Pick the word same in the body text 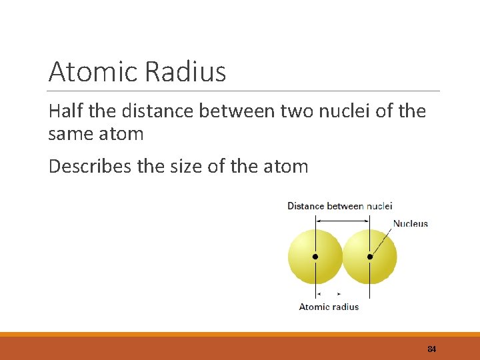click(x=69, y=133)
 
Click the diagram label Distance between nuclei click(x=339, y=205)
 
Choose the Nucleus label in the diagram click(x=410, y=223)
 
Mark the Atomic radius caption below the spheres click(x=329, y=307)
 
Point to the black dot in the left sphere click(x=315, y=257)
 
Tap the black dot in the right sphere click(x=370, y=257)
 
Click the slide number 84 click(x=431, y=349)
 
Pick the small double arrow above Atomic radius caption click(x=329, y=293)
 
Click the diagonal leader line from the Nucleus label click(x=381, y=241)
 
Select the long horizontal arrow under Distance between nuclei click(x=343, y=215)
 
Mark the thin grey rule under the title click(x=244, y=91)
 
